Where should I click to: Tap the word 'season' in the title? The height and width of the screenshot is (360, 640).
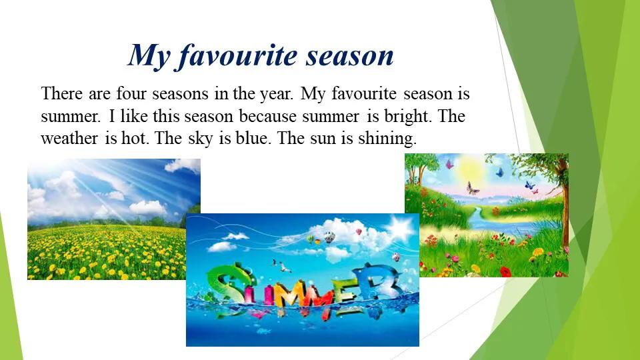(x=350, y=56)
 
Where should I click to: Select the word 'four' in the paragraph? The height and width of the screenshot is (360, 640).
(x=131, y=93)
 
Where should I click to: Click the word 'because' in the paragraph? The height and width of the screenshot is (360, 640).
(x=268, y=116)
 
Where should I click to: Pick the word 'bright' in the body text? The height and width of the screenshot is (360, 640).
(x=407, y=117)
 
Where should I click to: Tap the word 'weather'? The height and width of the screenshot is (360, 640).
(x=69, y=139)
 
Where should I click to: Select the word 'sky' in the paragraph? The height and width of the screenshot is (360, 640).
(x=201, y=139)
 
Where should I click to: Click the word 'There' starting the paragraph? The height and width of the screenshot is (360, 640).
(x=61, y=93)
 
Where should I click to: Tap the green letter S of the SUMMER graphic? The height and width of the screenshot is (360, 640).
(x=230, y=286)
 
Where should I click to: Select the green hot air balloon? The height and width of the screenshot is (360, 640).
(x=311, y=239)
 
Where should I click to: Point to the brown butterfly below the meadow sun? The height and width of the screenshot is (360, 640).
(x=472, y=188)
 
